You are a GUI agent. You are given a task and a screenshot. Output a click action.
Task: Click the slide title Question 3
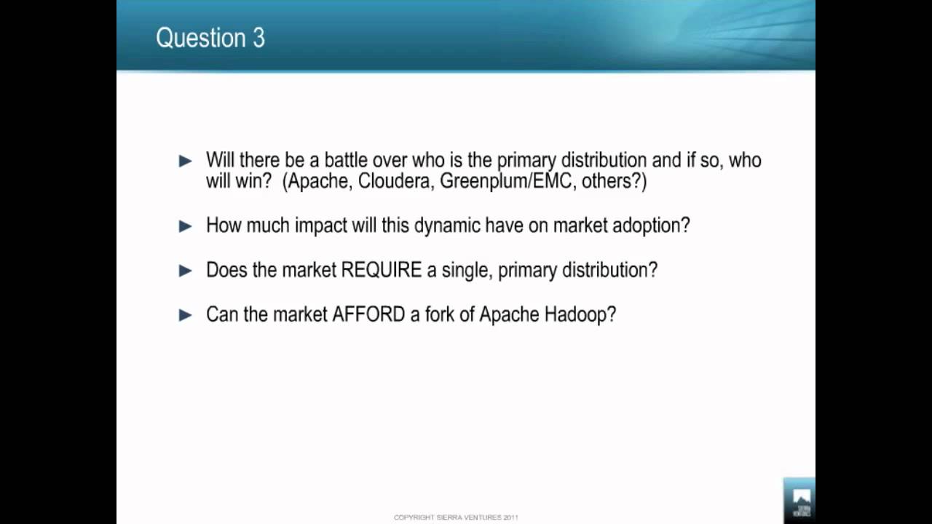point(210,38)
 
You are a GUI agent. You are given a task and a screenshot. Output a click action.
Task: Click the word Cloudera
point(395,181)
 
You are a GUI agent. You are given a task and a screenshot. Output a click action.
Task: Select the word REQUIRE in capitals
point(382,270)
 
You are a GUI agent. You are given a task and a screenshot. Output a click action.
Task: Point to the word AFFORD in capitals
point(368,314)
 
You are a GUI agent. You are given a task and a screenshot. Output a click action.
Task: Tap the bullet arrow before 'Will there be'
point(185,161)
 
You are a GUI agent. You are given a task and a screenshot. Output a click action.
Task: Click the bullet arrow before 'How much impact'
point(185,226)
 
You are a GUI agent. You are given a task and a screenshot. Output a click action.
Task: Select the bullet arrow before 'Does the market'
point(185,271)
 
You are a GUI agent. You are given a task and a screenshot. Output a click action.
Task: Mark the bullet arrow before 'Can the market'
point(185,315)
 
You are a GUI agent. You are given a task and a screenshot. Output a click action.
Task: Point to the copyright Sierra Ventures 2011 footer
point(456,517)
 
